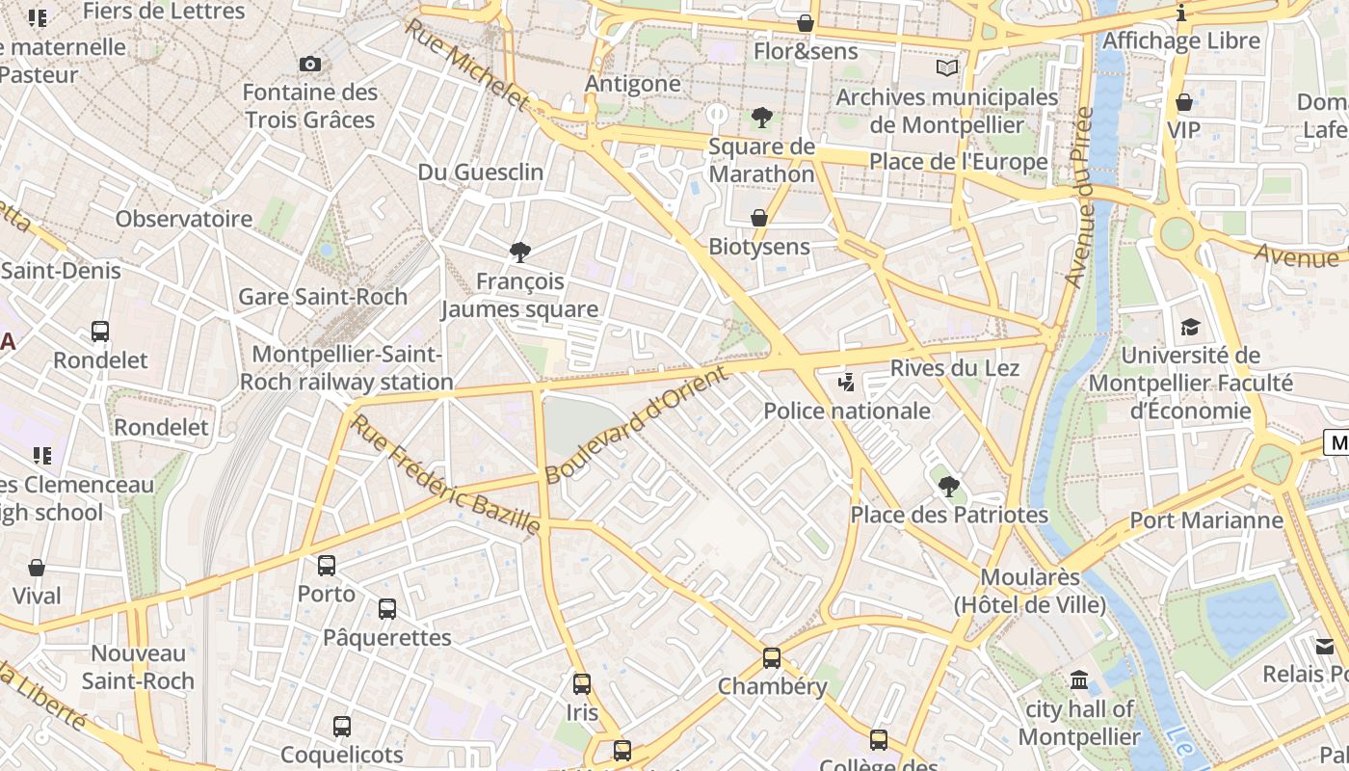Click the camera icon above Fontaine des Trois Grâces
pos(309,65)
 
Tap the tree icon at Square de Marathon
pos(761,119)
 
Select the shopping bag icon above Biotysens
pos(759,219)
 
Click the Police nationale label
pos(846,411)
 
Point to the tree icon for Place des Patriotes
pos(948,487)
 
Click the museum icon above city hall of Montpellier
pos(1079,681)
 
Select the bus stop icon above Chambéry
pos(772,658)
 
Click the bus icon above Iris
pos(582,684)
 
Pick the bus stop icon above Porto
pos(327,566)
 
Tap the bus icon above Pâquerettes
pos(386,609)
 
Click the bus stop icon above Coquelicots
pos(342,727)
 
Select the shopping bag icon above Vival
pos(37,568)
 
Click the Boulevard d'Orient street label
pos(637,425)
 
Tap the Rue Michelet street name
pos(466,64)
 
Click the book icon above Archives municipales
pos(947,68)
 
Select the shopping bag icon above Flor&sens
pos(806,23)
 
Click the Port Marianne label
pos(1206,520)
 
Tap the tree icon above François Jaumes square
pos(520,253)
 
